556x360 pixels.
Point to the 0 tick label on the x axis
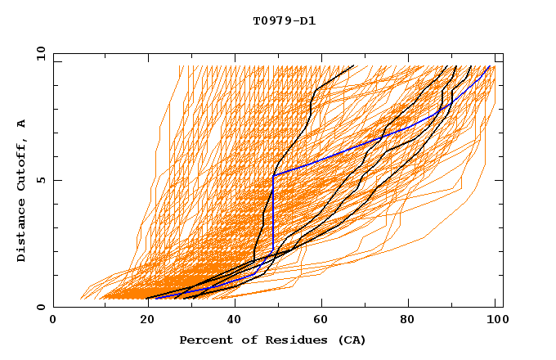[x=53, y=321]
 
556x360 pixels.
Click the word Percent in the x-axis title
[x=202, y=340]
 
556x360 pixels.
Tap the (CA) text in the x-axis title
[x=352, y=340]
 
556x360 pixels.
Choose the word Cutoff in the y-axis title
[x=22, y=165]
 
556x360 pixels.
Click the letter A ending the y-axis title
[x=22, y=124]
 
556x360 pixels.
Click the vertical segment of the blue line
[x=273, y=213]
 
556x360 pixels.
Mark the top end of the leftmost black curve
[x=354, y=66]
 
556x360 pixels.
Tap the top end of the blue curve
[x=490, y=66]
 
